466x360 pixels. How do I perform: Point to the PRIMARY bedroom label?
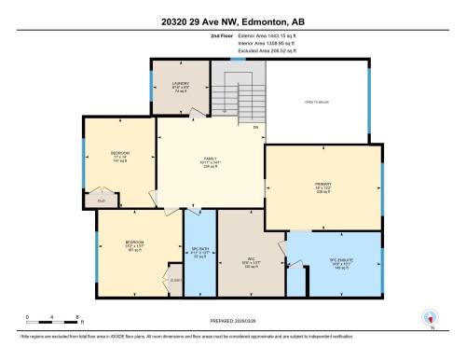coord(322,185)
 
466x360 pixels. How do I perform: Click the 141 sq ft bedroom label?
coord(119,154)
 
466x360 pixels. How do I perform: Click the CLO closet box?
coord(100,200)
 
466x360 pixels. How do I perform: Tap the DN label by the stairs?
coord(255,125)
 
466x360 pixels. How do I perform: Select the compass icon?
coord(430,316)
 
